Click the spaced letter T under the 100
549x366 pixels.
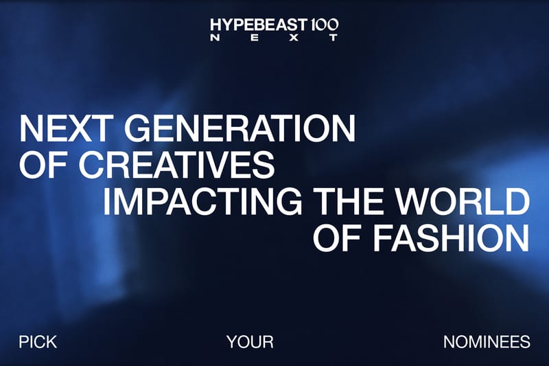334,38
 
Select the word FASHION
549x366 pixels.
450,237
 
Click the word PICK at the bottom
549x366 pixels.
38,341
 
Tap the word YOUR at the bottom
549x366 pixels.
250,341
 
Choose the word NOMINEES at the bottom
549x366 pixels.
487,341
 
